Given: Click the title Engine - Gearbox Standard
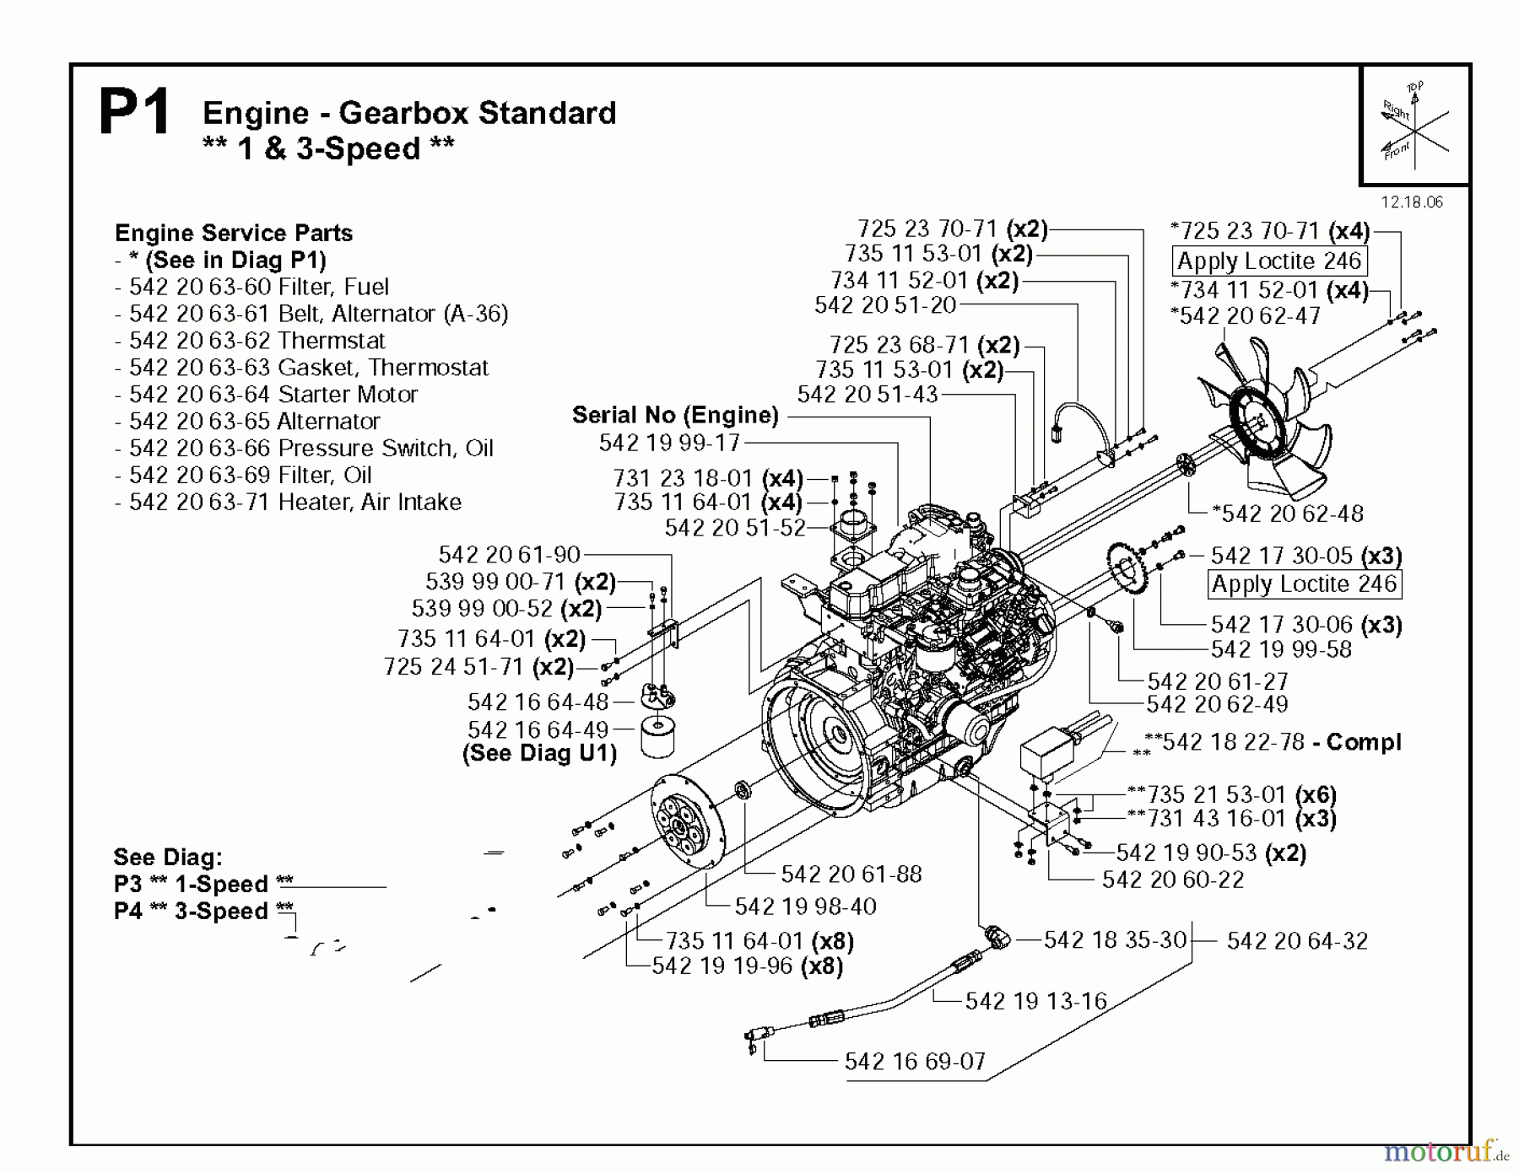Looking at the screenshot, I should [x=409, y=112].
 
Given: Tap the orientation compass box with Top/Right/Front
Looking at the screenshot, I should [x=1414, y=126].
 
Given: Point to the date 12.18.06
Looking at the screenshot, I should [x=1412, y=202].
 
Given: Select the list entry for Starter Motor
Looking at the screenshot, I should [x=273, y=394].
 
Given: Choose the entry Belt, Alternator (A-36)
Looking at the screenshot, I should [x=318, y=314].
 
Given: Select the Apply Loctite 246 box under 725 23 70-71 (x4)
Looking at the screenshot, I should [x=1268, y=261].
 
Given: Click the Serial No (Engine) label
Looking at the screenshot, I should [x=675, y=415].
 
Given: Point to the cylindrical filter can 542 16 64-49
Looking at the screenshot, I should [x=658, y=738].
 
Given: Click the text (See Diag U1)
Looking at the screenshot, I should [x=539, y=753].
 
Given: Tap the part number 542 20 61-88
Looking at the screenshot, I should [x=851, y=874].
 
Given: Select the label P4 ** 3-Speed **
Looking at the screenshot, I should [x=203, y=911].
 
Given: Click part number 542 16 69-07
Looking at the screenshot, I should [x=915, y=1061].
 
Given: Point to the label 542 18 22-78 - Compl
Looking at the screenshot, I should [x=1280, y=742].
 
